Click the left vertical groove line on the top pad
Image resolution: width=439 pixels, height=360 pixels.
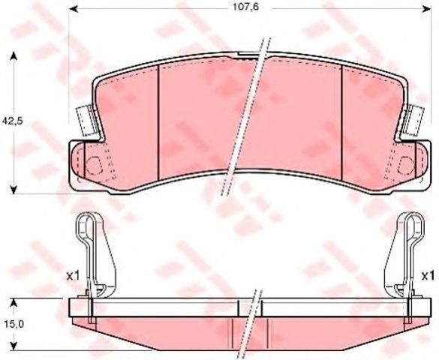161,120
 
